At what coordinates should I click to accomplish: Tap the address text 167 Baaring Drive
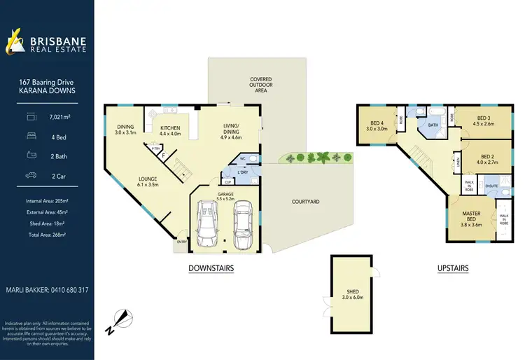tap(47, 82)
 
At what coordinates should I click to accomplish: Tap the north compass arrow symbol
tap(123, 319)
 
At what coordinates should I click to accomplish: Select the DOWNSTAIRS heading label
tap(211, 268)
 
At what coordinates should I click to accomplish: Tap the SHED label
tap(353, 293)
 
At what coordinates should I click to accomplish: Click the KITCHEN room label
tap(170, 128)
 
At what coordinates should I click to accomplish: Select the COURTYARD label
tap(305, 202)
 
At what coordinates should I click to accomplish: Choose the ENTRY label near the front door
tap(183, 242)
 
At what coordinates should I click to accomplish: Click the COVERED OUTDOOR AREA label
tap(260, 85)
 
